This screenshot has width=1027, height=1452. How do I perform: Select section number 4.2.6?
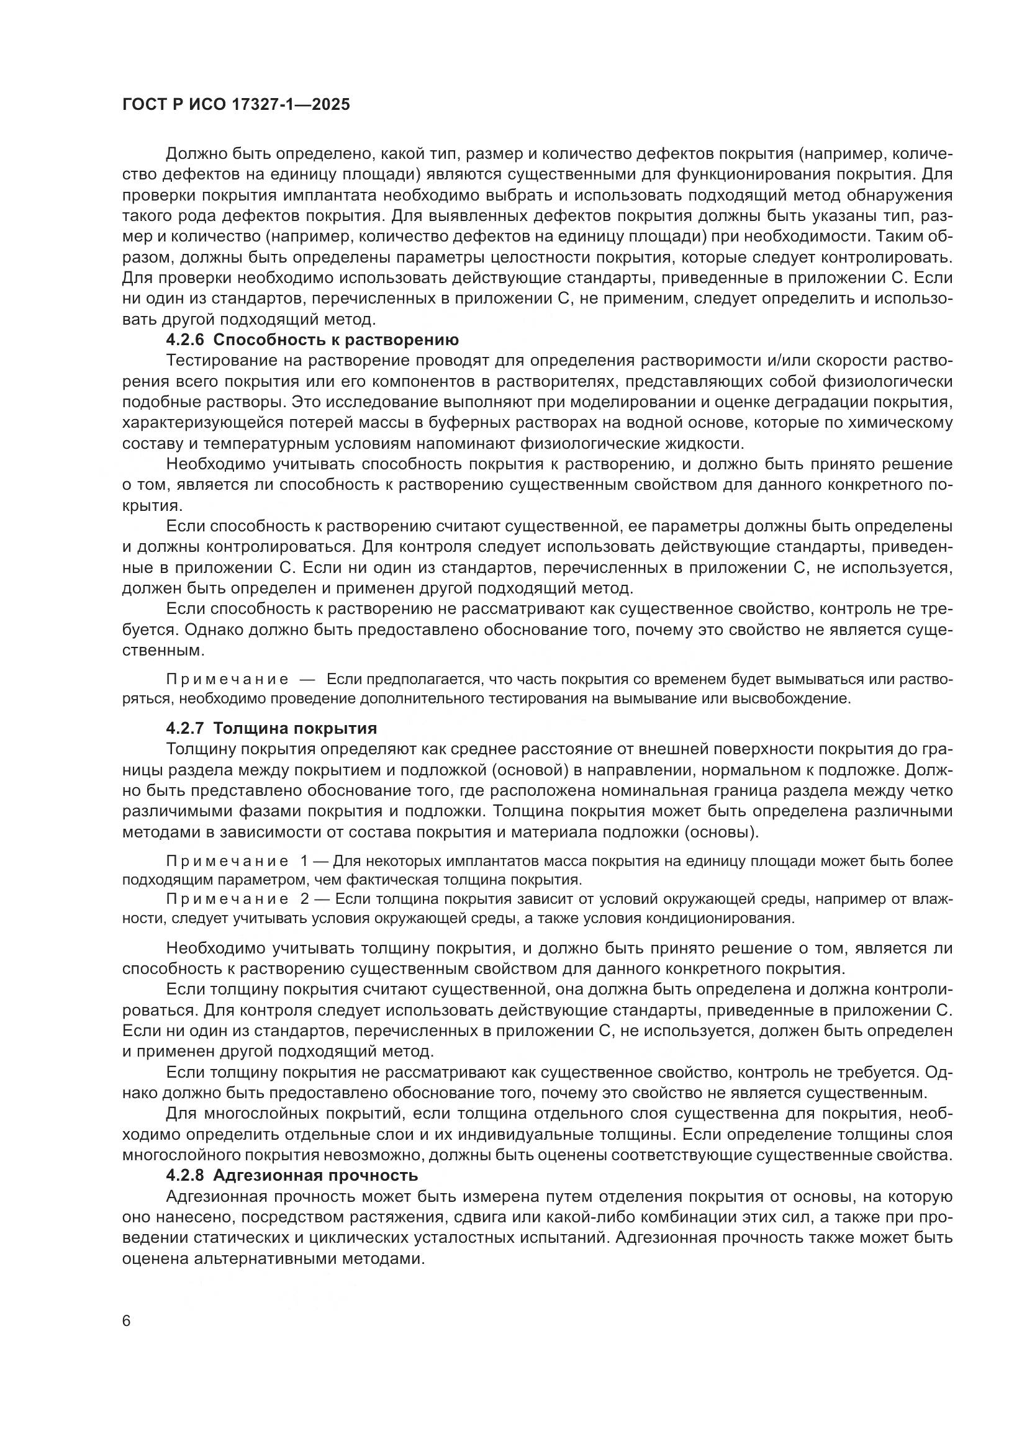click(x=185, y=340)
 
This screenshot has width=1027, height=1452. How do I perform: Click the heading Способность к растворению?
click(x=336, y=340)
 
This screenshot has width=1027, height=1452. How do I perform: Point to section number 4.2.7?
click(x=185, y=729)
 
